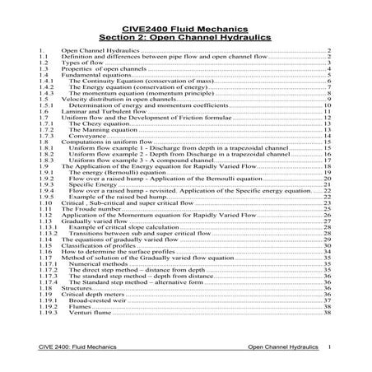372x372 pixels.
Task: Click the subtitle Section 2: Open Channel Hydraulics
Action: (186, 35)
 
